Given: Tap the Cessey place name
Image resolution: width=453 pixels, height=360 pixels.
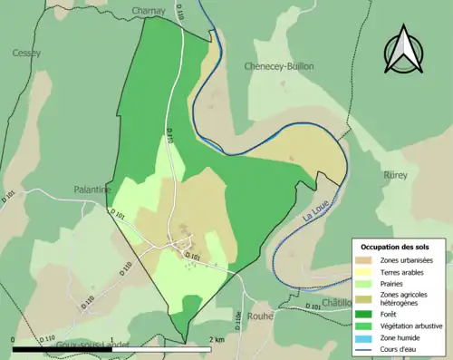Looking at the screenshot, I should [x=26, y=53].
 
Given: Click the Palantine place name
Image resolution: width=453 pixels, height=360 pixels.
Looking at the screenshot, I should [x=92, y=190].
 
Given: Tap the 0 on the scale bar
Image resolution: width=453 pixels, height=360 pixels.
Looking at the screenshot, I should [x=14, y=339].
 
